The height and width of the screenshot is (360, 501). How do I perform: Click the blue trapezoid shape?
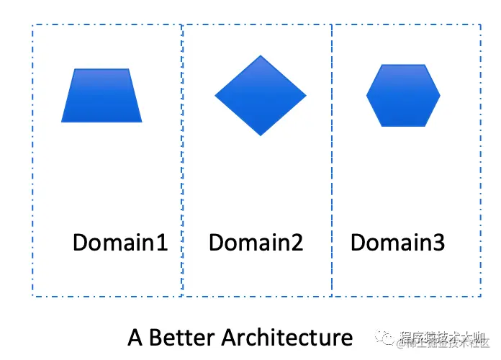(x=101, y=96)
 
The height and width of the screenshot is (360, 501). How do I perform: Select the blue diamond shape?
(x=261, y=95)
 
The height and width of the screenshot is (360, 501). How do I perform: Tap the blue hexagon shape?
(x=403, y=95)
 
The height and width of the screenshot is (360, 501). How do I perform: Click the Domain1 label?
(x=120, y=243)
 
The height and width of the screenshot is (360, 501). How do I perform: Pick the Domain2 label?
(x=256, y=243)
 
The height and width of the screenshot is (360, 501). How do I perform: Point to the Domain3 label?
(x=397, y=243)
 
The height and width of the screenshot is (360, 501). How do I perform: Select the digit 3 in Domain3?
(x=438, y=243)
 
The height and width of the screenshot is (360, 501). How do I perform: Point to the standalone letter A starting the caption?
(x=135, y=338)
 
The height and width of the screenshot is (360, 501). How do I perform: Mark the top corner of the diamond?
(x=261, y=55)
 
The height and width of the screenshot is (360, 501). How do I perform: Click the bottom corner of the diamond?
(x=261, y=135)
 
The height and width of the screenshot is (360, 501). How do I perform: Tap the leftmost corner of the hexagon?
(x=367, y=95)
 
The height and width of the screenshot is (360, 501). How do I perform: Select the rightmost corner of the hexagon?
(x=440, y=95)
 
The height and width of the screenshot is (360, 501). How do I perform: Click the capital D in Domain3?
(x=358, y=243)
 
